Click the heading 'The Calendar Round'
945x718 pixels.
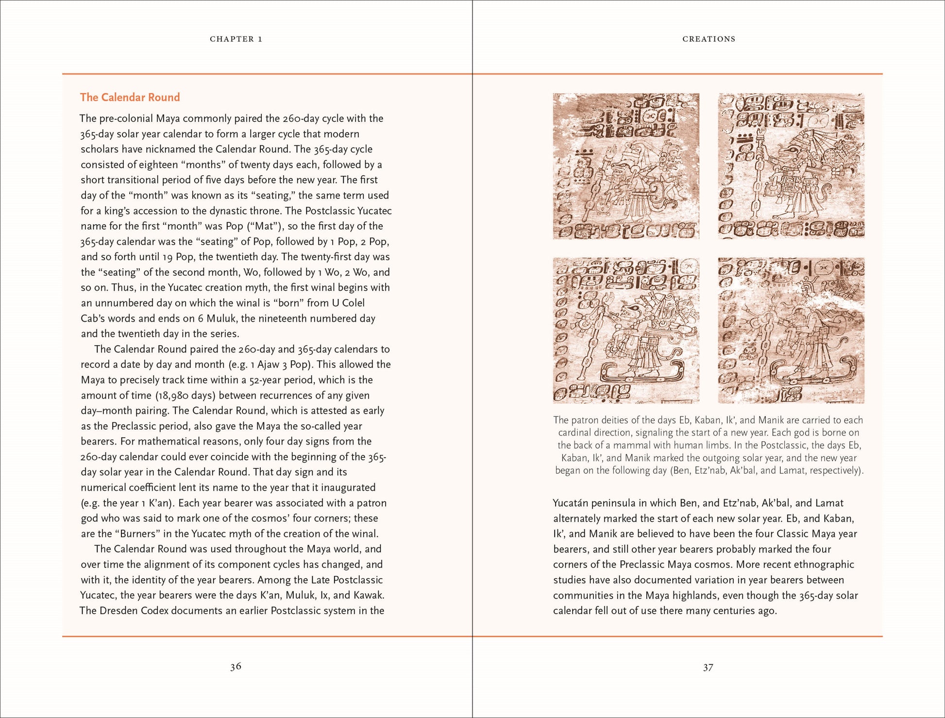click(x=130, y=97)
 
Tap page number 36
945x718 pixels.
click(x=236, y=667)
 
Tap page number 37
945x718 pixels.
click(x=708, y=668)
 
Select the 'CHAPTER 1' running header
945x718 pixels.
click(x=236, y=39)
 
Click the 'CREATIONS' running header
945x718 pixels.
click(x=709, y=39)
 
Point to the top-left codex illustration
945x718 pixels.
click(x=625, y=166)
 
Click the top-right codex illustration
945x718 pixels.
click(x=791, y=166)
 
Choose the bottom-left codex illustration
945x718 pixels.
click(x=625, y=330)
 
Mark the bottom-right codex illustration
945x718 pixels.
click(x=791, y=330)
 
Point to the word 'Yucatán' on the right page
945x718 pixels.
click(x=571, y=503)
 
